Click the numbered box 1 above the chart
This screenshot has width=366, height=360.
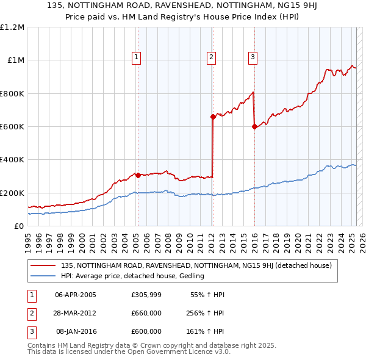136,57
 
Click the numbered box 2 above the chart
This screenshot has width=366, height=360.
211,57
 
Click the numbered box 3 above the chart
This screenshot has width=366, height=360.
252,57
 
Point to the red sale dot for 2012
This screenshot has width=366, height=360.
213,117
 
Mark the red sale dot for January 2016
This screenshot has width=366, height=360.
254,127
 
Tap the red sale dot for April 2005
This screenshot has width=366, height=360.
138,175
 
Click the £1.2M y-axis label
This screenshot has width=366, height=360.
12,27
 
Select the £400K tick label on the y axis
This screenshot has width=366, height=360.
12,160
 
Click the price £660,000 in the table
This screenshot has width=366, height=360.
146,314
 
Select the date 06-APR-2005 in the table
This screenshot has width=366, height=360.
76,295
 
